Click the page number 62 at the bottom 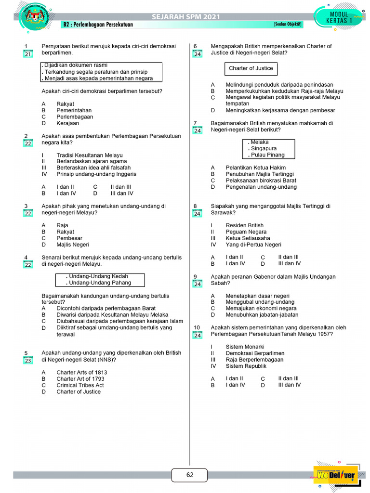[189, 475]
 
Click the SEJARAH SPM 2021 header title [185, 17]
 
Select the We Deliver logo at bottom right [336, 476]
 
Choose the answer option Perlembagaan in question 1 [75, 117]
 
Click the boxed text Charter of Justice [251, 68]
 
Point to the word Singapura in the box [264, 149]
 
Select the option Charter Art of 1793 [80, 379]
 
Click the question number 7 [195, 123]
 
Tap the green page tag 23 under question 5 [27, 360]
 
